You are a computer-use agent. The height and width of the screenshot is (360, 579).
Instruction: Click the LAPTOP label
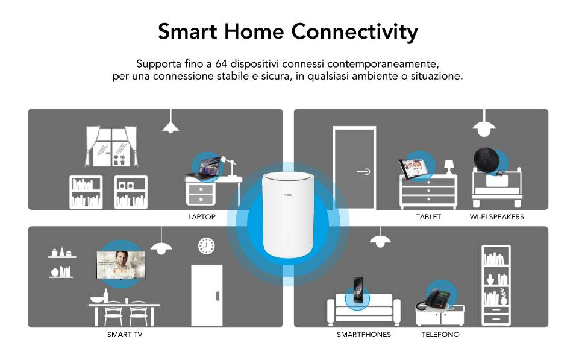click(x=202, y=217)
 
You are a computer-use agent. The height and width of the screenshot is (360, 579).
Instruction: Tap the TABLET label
click(x=428, y=217)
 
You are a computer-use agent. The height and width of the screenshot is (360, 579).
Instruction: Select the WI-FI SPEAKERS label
click(x=496, y=217)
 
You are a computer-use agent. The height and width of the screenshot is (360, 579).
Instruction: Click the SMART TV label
click(x=125, y=335)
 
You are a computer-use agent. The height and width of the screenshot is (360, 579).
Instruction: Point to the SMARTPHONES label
click(x=364, y=335)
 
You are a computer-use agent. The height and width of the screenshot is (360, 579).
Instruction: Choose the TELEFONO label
click(x=440, y=335)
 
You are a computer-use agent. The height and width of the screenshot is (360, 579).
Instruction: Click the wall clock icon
click(x=207, y=246)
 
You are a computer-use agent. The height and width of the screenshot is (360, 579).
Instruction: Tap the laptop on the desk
click(x=204, y=169)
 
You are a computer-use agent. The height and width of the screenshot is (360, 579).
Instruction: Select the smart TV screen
click(x=120, y=265)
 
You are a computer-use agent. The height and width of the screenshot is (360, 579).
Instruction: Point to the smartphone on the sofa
click(x=358, y=290)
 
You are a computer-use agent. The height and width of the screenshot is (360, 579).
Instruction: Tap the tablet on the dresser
click(x=413, y=169)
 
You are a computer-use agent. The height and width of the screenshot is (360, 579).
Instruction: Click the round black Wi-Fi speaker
click(x=487, y=160)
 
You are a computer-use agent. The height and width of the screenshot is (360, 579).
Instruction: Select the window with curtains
click(x=111, y=147)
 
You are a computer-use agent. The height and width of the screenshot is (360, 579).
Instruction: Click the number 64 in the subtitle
click(x=221, y=63)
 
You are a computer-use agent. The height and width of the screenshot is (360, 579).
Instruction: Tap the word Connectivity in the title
click(x=354, y=31)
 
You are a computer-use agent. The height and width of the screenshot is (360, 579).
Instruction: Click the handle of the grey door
click(x=363, y=171)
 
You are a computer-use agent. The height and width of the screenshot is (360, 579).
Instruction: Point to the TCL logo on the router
click(x=288, y=195)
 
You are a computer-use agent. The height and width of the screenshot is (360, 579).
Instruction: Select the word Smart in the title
click(x=187, y=31)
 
